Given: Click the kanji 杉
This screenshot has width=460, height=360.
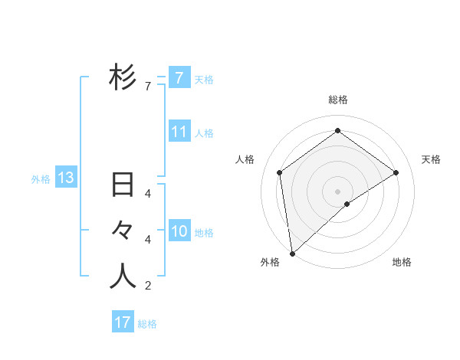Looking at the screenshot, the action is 123,77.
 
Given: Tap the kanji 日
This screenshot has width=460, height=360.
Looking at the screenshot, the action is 123,186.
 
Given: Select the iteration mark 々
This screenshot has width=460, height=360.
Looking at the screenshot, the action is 123,231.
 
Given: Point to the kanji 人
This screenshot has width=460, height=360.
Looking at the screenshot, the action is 123,277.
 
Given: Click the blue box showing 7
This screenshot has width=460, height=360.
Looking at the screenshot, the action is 179,77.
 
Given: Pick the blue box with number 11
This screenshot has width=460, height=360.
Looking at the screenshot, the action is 179,132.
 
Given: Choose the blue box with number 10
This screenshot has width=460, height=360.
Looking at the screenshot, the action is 179,231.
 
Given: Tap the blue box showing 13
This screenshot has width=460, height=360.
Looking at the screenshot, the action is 66,178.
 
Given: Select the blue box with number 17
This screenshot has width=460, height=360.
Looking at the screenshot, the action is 123,322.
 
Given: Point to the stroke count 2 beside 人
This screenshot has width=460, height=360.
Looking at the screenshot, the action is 147,286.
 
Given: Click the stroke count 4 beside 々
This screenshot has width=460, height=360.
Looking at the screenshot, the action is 147,240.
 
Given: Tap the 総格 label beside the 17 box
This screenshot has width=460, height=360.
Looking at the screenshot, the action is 147,324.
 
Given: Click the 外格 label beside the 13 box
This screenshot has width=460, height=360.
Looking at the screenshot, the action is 41,179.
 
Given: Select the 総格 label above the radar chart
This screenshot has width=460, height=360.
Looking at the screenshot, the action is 337,100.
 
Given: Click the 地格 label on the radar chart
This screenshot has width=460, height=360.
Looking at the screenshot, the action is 402,262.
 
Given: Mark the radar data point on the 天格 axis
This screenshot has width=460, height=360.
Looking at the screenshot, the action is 396,172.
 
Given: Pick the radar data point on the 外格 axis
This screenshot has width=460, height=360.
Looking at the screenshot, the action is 292,253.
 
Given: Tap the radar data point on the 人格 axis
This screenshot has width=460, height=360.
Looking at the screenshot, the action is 280,172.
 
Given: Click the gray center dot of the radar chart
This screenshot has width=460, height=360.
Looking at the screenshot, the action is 337,191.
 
